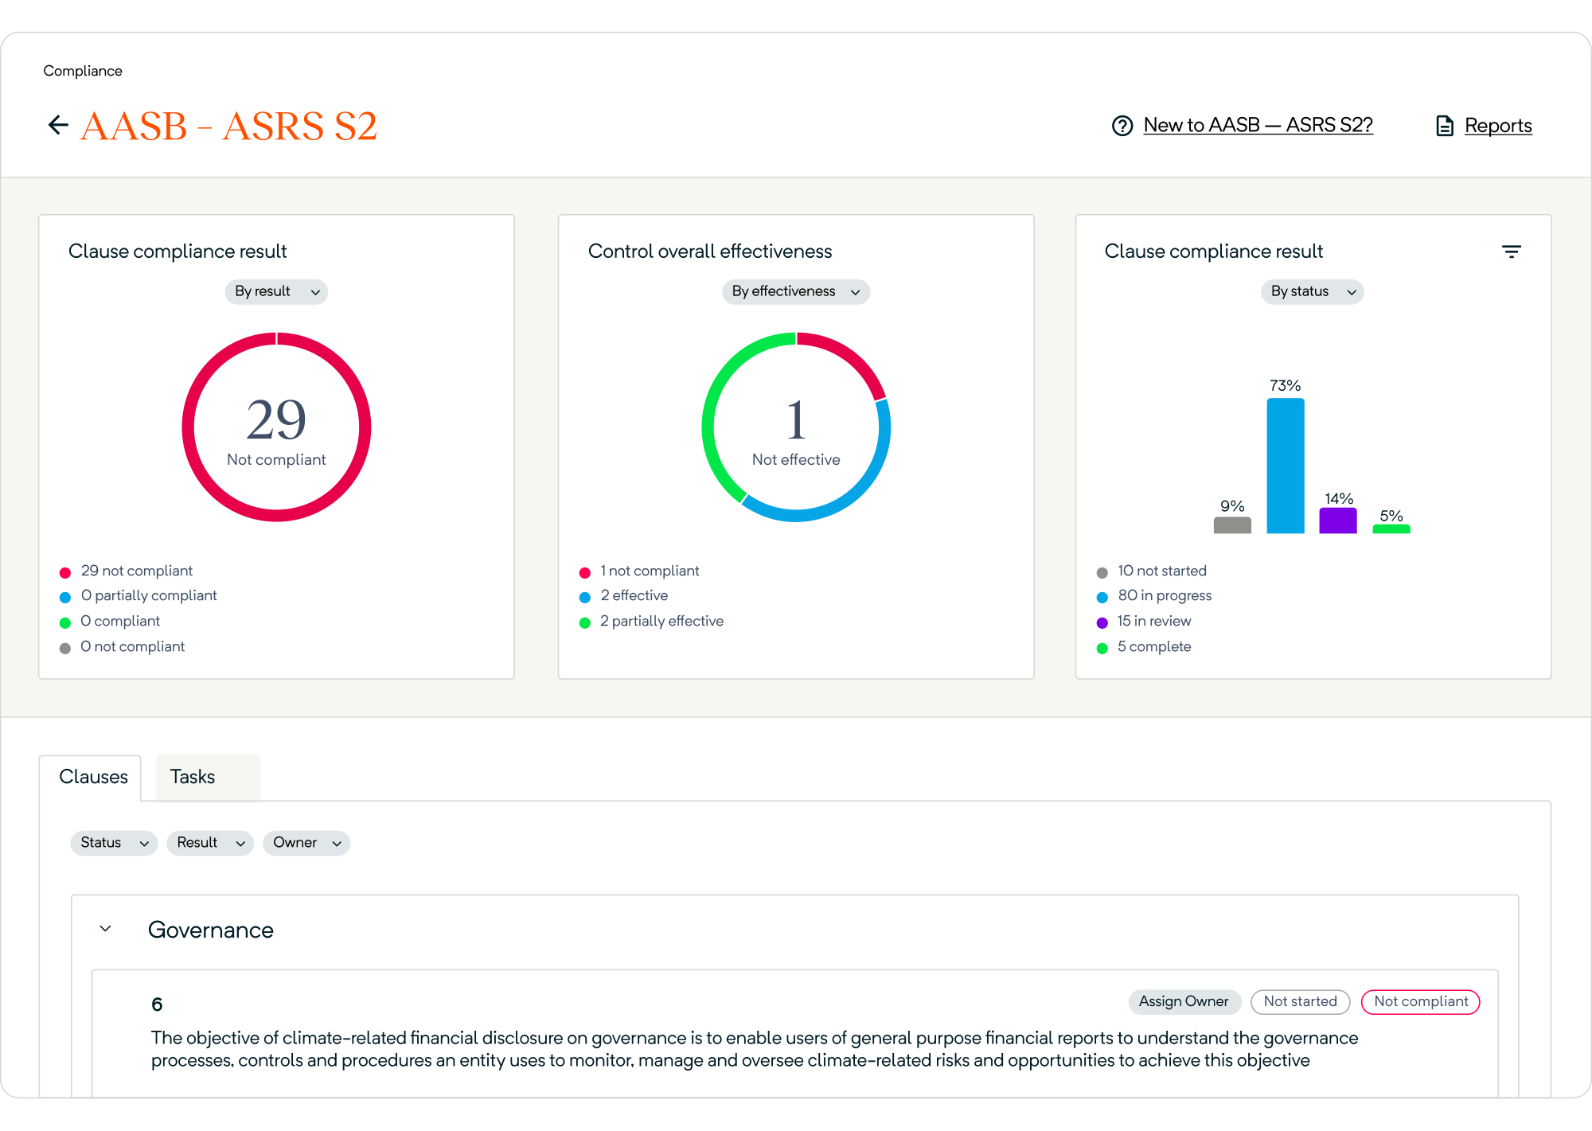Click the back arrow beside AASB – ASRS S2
(x=58, y=125)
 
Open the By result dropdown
(x=276, y=291)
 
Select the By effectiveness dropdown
(x=796, y=291)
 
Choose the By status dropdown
(x=1313, y=291)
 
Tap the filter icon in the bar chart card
(x=1512, y=252)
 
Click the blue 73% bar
(x=1286, y=466)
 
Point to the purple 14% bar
(x=1338, y=521)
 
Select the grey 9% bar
(x=1232, y=525)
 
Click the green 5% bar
(x=1391, y=528)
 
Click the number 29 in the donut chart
(x=276, y=419)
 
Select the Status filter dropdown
(x=114, y=843)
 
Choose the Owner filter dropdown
(x=306, y=843)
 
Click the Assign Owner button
(x=1184, y=1002)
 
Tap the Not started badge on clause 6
(x=1301, y=1002)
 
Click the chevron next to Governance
(x=105, y=929)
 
